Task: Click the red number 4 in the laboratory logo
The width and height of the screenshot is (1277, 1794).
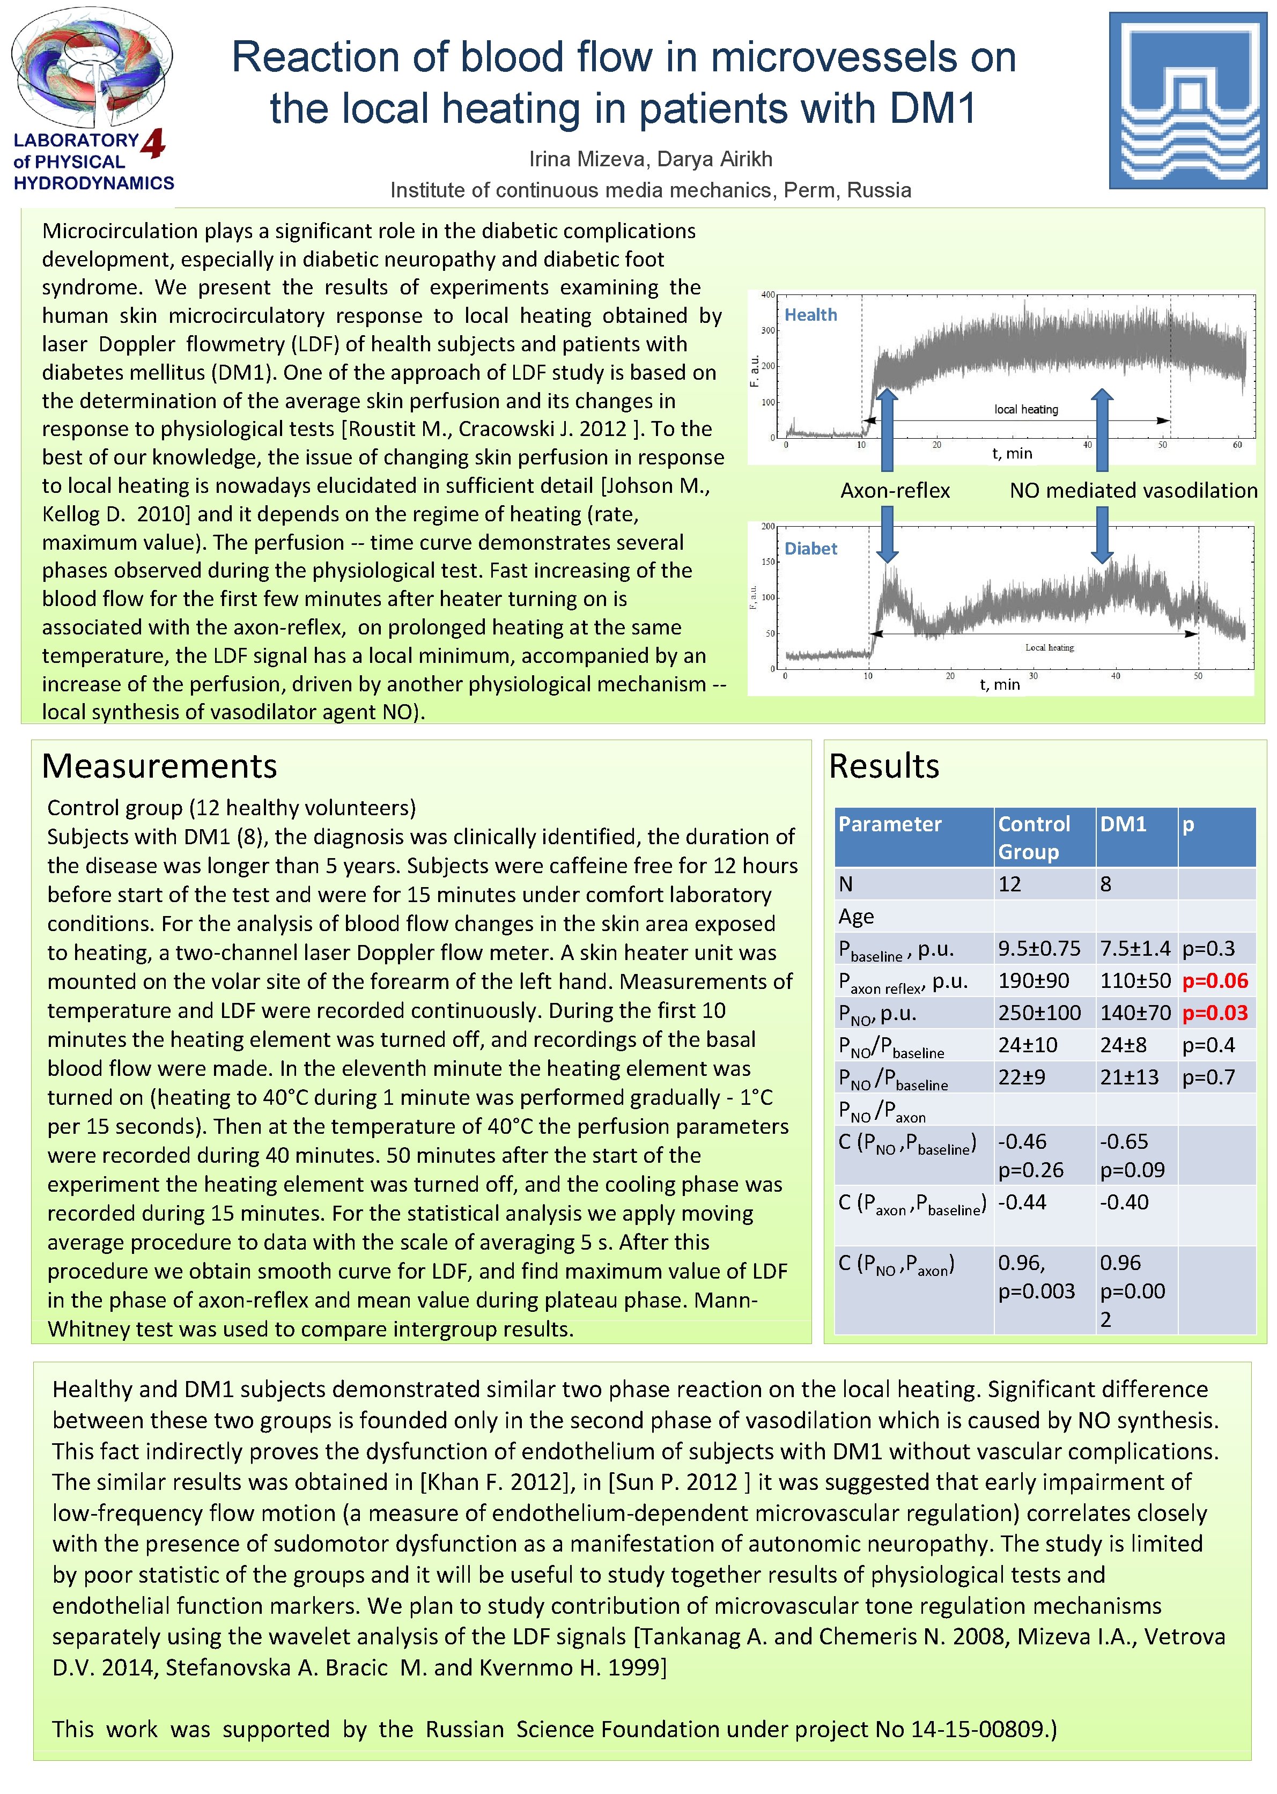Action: (153, 143)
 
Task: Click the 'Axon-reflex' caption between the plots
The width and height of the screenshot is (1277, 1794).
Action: (894, 491)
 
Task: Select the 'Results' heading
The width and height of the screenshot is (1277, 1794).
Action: (884, 766)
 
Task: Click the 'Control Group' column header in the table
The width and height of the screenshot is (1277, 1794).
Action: (1034, 837)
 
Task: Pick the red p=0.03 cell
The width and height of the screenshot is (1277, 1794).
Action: (1214, 1013)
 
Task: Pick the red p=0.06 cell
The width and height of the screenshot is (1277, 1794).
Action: (1214, 980)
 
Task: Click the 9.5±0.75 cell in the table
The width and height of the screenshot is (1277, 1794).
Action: (1039, 948)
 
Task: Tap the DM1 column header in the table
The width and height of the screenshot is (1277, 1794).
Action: (1123, 824)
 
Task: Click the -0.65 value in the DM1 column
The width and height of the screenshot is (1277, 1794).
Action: (1124, 1141)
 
